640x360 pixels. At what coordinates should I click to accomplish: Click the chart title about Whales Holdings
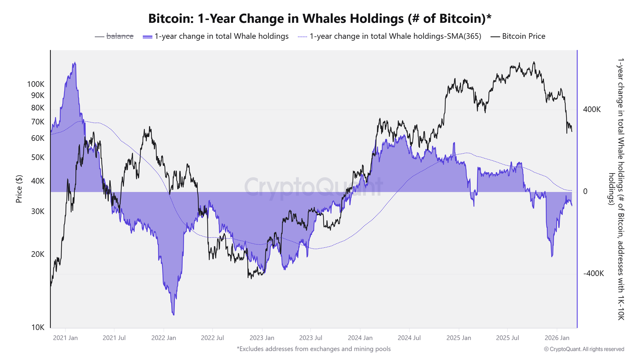point(320,18)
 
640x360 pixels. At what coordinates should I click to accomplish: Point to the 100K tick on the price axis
point(36,84)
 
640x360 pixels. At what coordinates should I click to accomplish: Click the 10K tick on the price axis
point(38,327)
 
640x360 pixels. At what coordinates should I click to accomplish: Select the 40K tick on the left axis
point(38,181)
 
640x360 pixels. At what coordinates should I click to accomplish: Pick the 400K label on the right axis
point(592,110)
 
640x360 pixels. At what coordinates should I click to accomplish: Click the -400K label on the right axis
point(593,274)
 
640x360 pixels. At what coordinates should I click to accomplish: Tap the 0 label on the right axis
point(585,192)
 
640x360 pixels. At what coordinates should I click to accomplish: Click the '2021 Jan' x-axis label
point(65,338)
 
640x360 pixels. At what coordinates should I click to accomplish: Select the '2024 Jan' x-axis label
point(360,338)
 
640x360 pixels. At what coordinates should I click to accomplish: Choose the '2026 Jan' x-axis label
point(557,338)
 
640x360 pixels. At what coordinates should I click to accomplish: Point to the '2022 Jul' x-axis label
point(212,338)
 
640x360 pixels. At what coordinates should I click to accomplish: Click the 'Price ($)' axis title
point(19,189)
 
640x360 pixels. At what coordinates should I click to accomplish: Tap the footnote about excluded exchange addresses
point(314,349)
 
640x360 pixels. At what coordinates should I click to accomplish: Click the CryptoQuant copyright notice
point(584,349)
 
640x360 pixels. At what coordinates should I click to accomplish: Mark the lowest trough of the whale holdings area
point(173,314)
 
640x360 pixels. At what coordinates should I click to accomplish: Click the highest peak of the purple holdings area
point(74,63)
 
